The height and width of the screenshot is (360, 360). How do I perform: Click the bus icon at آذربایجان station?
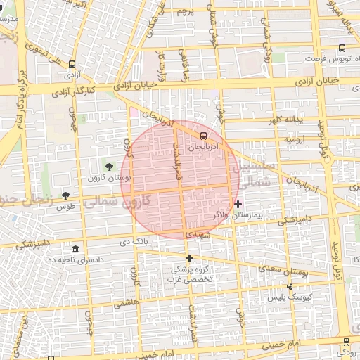click(203, 136)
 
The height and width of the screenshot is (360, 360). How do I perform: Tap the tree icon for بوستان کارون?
click(109, 166)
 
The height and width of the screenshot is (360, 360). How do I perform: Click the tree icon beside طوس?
click(65, 195)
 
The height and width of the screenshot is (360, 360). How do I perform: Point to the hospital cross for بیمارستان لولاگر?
click(238, 204)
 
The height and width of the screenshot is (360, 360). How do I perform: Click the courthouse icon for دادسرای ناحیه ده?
click(75, 250)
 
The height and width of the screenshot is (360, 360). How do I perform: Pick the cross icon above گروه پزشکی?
click(189, 258)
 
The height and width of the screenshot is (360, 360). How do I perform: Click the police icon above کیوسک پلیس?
click(290, 287)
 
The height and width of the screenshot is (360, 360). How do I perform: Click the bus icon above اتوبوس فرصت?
click(342, 49)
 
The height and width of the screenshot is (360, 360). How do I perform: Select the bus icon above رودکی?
click(345, 341)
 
